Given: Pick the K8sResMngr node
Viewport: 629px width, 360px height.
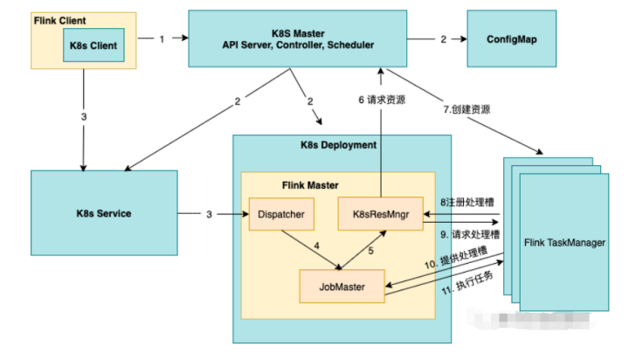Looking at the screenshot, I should tap(379, 212).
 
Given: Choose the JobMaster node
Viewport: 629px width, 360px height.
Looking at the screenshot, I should tap(342, 285).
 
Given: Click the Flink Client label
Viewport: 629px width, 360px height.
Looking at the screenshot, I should tap(62, 18).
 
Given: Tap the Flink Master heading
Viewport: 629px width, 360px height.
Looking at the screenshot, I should tap(308, 184).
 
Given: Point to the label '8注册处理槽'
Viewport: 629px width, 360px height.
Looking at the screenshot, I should tap(464, 201).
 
